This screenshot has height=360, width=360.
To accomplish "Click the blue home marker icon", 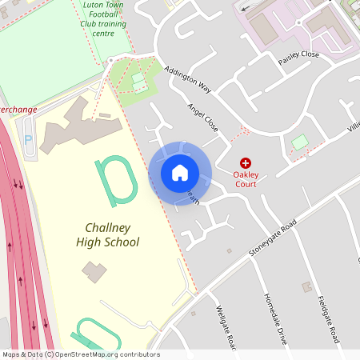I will tap(180, 173).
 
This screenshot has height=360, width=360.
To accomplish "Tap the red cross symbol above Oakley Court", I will tap(246, 162).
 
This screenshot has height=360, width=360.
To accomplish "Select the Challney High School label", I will tap(107, 235).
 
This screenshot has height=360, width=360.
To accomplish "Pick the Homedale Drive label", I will tap(274, 318).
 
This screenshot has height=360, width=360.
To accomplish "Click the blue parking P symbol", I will tap(29, 139).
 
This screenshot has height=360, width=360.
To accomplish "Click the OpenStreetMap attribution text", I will tap(81, 354).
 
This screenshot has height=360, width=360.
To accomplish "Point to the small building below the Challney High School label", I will tap(94, 271).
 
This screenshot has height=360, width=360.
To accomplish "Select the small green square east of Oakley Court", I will tap(299, 142).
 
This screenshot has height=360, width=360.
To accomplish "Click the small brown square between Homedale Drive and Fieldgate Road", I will tap(306, 286).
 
